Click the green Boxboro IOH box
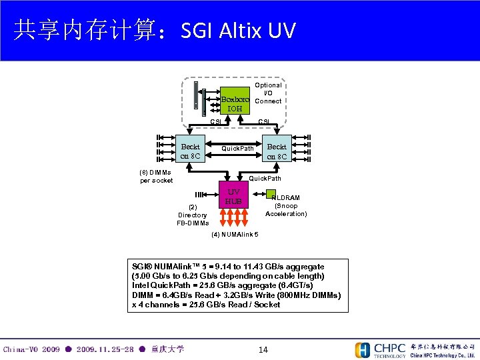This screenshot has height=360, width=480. [235, 101]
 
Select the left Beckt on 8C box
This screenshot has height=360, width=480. [190, 151]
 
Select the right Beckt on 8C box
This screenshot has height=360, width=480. [277, 151]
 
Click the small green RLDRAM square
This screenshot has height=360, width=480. [271, 192]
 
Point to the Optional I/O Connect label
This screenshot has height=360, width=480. [268, 93]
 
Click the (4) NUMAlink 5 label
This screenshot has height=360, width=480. [235, 235]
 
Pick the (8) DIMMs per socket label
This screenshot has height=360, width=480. [157, 176]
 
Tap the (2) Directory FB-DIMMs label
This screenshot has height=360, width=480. [193, 215]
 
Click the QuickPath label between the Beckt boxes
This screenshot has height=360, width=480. [237, 149]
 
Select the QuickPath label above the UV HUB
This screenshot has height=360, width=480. [265, 178]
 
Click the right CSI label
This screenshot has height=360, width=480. [264, 121]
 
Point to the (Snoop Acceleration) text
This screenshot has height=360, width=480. [286, 210]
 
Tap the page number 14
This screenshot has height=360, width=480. [263, 349]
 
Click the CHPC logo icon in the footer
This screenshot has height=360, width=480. [363, 350]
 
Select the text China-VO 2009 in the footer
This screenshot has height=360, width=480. [31, 349]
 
